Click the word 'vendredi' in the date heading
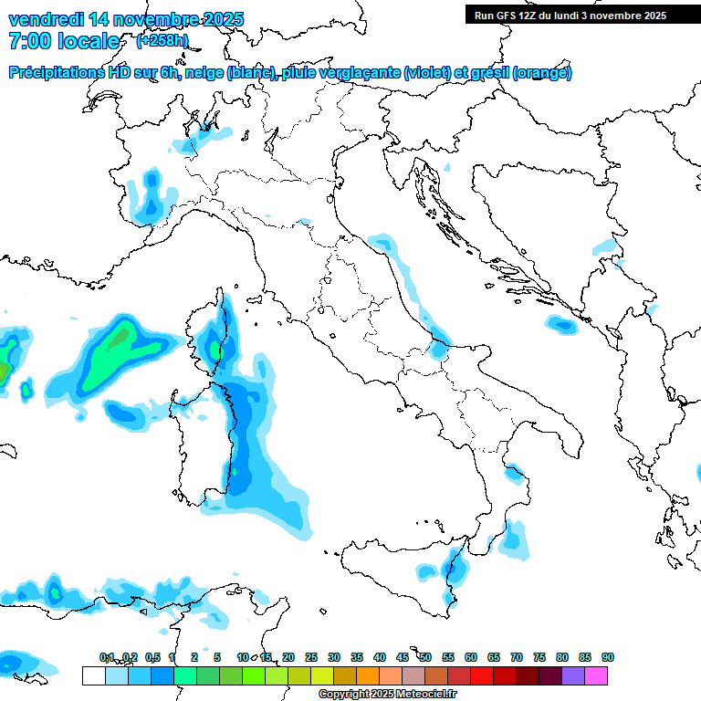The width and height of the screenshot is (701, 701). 45,19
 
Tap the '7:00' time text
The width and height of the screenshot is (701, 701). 28,41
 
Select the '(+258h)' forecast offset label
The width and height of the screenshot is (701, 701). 162,41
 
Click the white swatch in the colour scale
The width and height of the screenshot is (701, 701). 93,675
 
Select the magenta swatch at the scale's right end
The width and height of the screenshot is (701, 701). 597,675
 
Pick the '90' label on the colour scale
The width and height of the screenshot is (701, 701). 607,657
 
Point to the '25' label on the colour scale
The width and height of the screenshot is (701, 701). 311,657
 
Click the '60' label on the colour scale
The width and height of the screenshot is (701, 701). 471,657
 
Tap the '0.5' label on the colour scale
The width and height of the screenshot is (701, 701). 152,657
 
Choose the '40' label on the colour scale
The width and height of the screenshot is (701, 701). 380,657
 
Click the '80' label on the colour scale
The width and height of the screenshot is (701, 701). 562,657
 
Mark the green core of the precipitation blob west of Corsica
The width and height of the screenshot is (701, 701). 116,340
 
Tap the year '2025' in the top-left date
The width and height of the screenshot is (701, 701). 224,19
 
